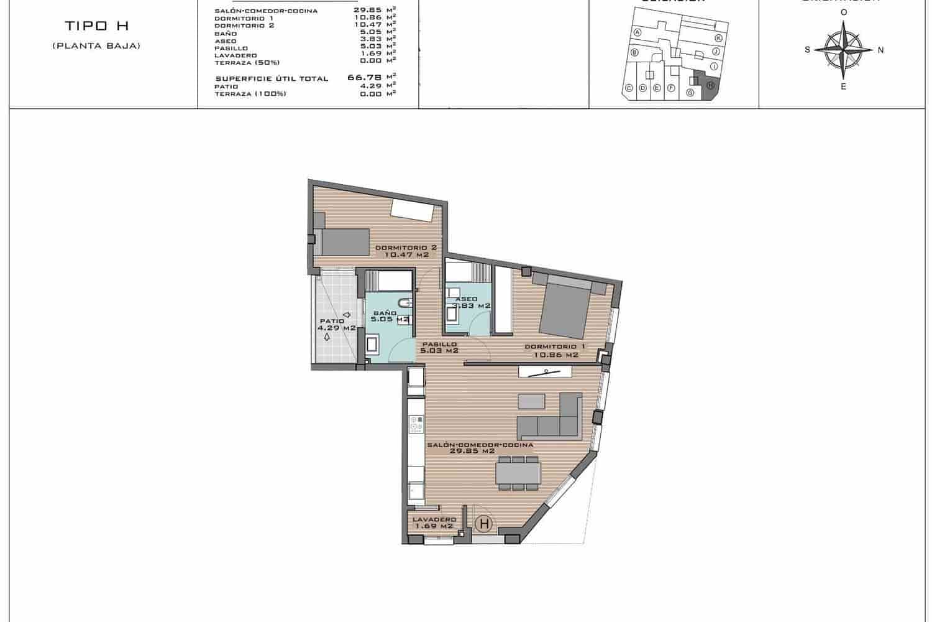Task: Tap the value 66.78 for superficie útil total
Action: click(365, 78)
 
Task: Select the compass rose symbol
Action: click(843, 50)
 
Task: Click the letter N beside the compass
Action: click(880, 50)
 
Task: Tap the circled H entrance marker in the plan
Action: click(484, 524)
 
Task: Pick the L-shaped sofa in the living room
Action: click(550, 418)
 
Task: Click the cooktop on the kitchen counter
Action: click(416, 424)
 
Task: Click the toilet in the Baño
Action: click(404, 304)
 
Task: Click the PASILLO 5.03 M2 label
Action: click(439, 347)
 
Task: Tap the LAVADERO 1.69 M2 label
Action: click(434, 522)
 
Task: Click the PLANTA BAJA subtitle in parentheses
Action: click(96, 46)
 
